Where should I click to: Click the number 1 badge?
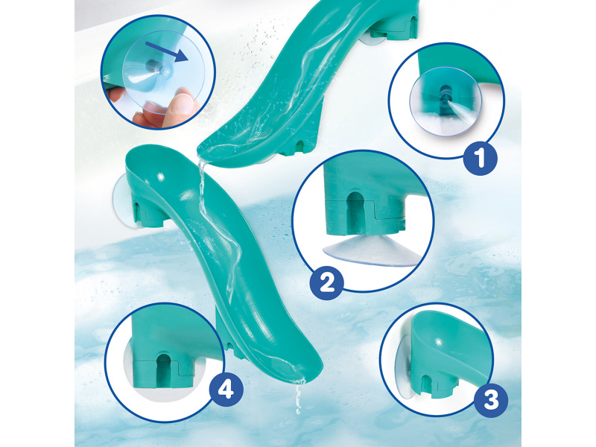tap(480, 158)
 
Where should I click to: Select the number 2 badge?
tap(326, 284)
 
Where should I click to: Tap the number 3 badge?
tap(491, 400)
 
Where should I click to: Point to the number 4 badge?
tap(226, 389)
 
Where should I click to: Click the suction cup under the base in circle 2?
tap(371, 251)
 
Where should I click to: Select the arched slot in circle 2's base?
tap(356, 212)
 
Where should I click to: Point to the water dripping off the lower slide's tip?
tap(299, 396)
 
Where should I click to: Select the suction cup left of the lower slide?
tap(122, 201)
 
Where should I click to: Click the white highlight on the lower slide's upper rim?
tap(160, 176)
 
